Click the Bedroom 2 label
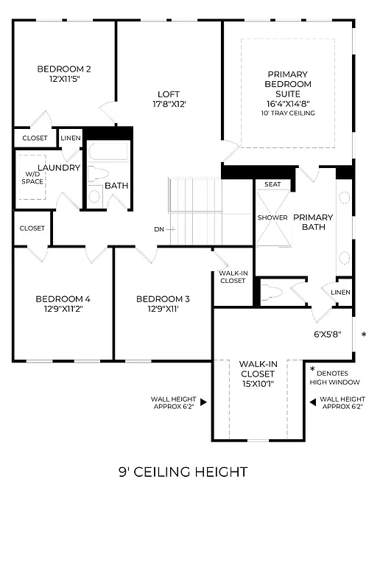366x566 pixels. pos(64,69)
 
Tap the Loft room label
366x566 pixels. pos(169,94)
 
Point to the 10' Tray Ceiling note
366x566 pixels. pos(288,113)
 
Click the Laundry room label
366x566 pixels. pos(58,167)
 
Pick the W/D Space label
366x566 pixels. pos(32,177)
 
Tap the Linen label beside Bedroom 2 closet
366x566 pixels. pos(71,138)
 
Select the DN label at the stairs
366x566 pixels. pos(159,229)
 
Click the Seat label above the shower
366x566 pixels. pos(272,184)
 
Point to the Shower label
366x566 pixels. pos(272,217)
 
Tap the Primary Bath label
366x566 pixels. pos(313,223)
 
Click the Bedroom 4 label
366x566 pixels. pos(63,298)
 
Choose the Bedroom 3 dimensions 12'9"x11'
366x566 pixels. pos(163,310)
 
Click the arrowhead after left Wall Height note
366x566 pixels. pos(203,402)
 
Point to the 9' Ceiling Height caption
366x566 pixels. pos(182,472)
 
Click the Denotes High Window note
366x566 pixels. pos(335,377)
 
